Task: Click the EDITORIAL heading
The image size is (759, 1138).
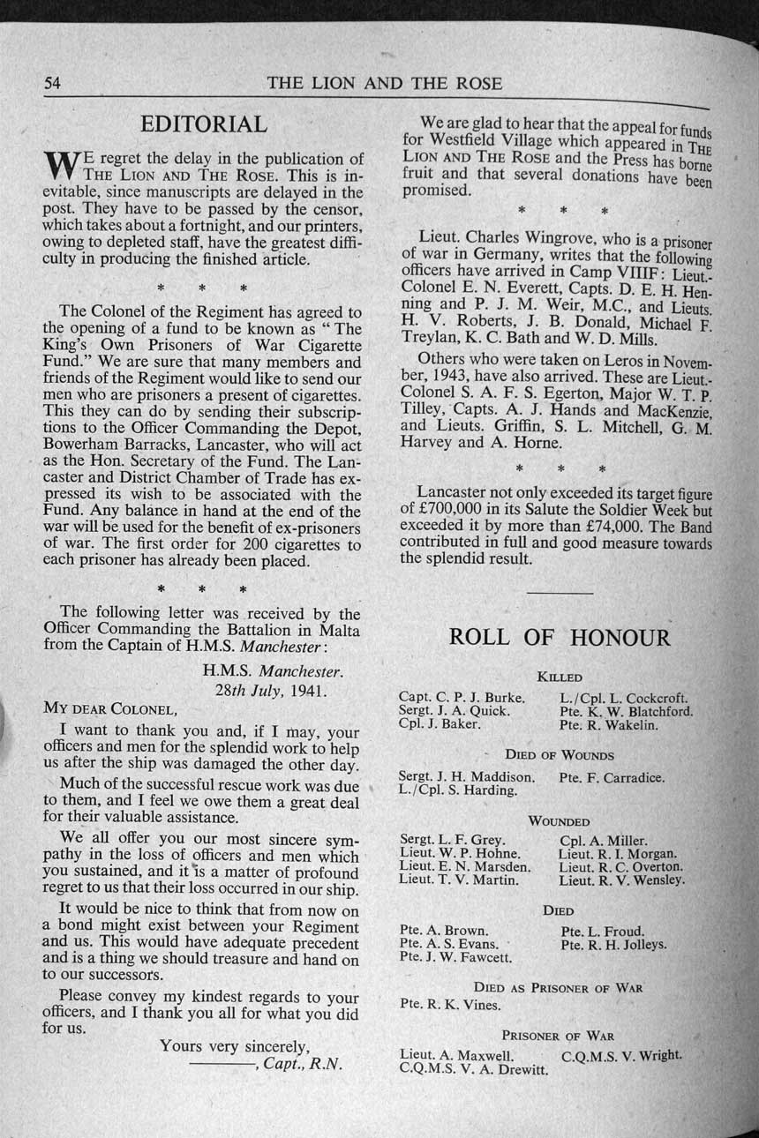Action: pos(204,124)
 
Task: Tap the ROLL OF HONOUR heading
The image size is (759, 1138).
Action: pos(560,638)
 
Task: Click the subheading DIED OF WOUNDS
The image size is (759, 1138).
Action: pos(559,755)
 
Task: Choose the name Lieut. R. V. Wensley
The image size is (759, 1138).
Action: pos(622,880)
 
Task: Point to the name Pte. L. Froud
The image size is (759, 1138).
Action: pos(602,931)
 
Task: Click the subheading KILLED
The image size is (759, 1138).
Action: pos(560,677)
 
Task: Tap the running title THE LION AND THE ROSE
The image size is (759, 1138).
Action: pos(384,84)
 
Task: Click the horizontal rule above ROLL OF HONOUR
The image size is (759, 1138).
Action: pos(559,593)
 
